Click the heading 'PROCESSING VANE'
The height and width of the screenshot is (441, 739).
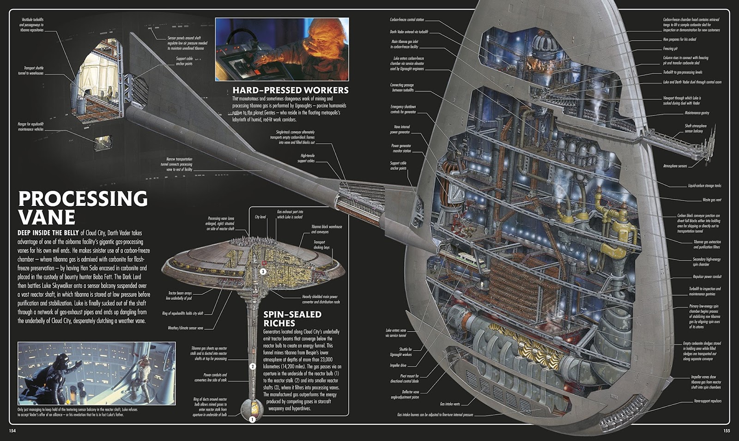pyautogui.click(x=83, y=208)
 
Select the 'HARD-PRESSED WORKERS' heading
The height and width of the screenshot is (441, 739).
pyautogui.click(x=291, y=90)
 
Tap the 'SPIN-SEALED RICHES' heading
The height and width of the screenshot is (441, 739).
pyautogui.click(x=292, y=319)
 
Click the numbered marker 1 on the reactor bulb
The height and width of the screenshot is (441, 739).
pyautogui.click(x=252, y=419)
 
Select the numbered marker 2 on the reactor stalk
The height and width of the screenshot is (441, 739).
pyautogui.click(x=253, y=367)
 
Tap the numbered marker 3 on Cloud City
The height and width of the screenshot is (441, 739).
pyautogui.click(x=263, y=272)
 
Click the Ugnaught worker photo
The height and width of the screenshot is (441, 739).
pyautogui.click(x=282, y=49)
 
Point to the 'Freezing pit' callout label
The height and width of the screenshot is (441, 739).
pyautogui.click(x=670, y=48)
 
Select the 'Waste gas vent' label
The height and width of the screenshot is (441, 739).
pyautogui.click(x=712, y=200)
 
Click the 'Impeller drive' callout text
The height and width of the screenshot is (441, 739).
pyautogui.click(x=398, y=365)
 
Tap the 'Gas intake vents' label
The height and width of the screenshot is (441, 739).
pyautogui.click(x=450, y=404)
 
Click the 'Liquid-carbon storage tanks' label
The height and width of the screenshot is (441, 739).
pyautogui.click(x=704, y=186)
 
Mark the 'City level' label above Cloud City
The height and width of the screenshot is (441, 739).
pyautogui.click(x=260, y=217)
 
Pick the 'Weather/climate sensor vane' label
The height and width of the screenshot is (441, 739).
pyautogui.click(x=185, y=328)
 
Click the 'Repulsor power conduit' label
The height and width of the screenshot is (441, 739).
pyautogui.click(x=707, y=277)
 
